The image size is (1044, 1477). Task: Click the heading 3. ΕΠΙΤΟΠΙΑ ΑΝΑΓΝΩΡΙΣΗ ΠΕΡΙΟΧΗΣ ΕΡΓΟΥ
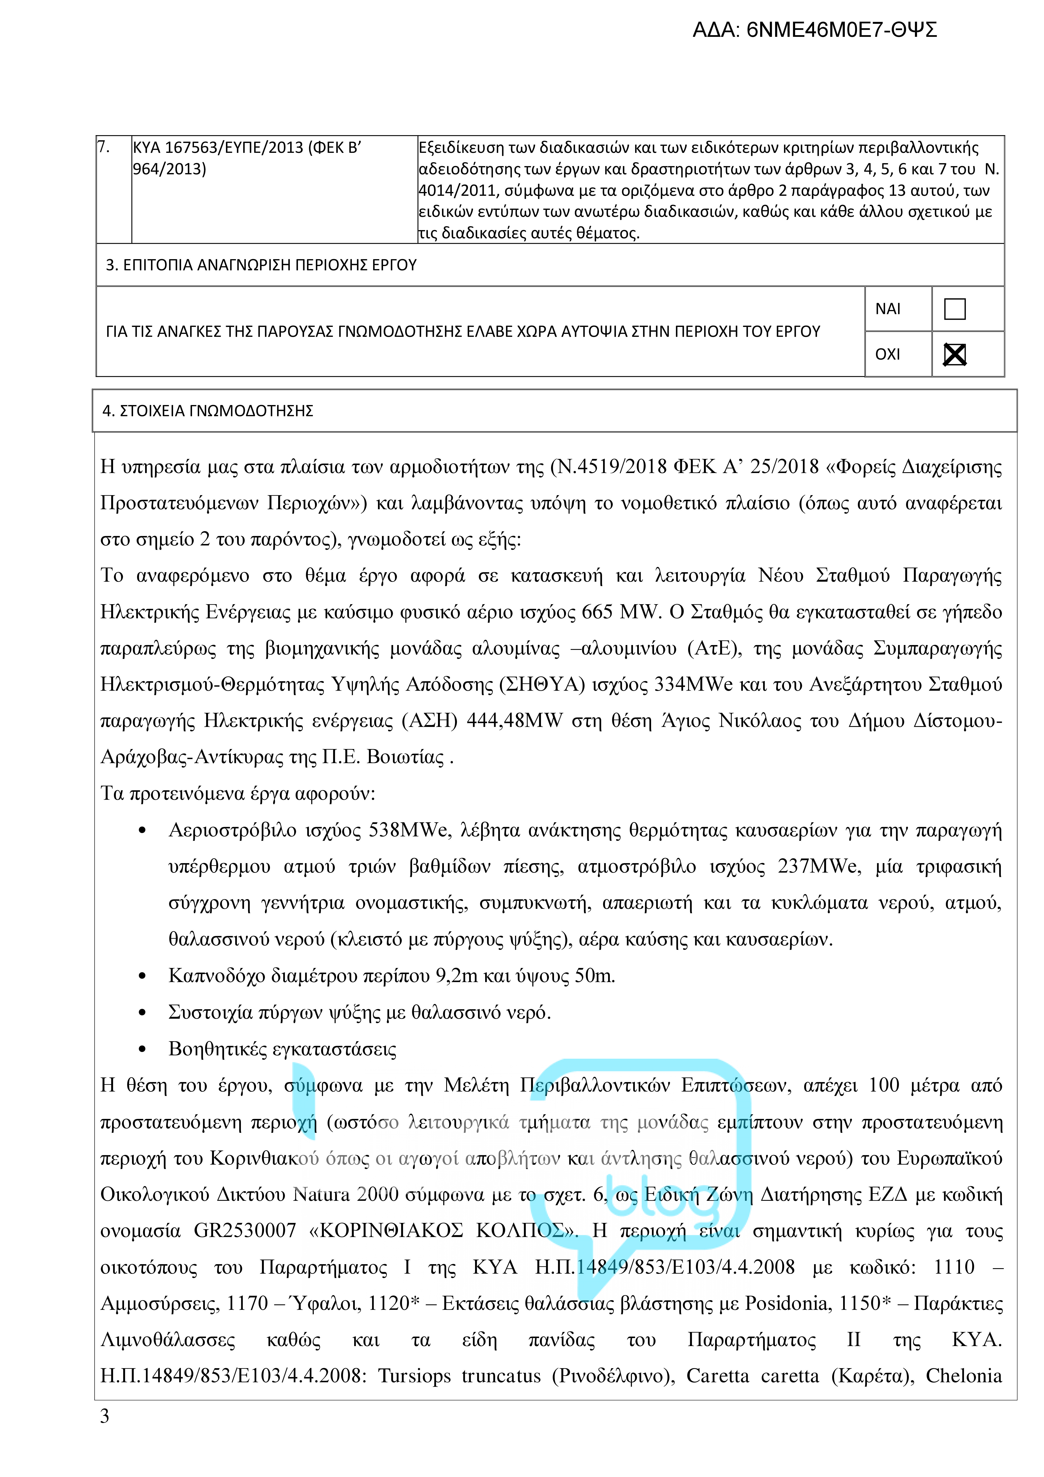261,265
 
